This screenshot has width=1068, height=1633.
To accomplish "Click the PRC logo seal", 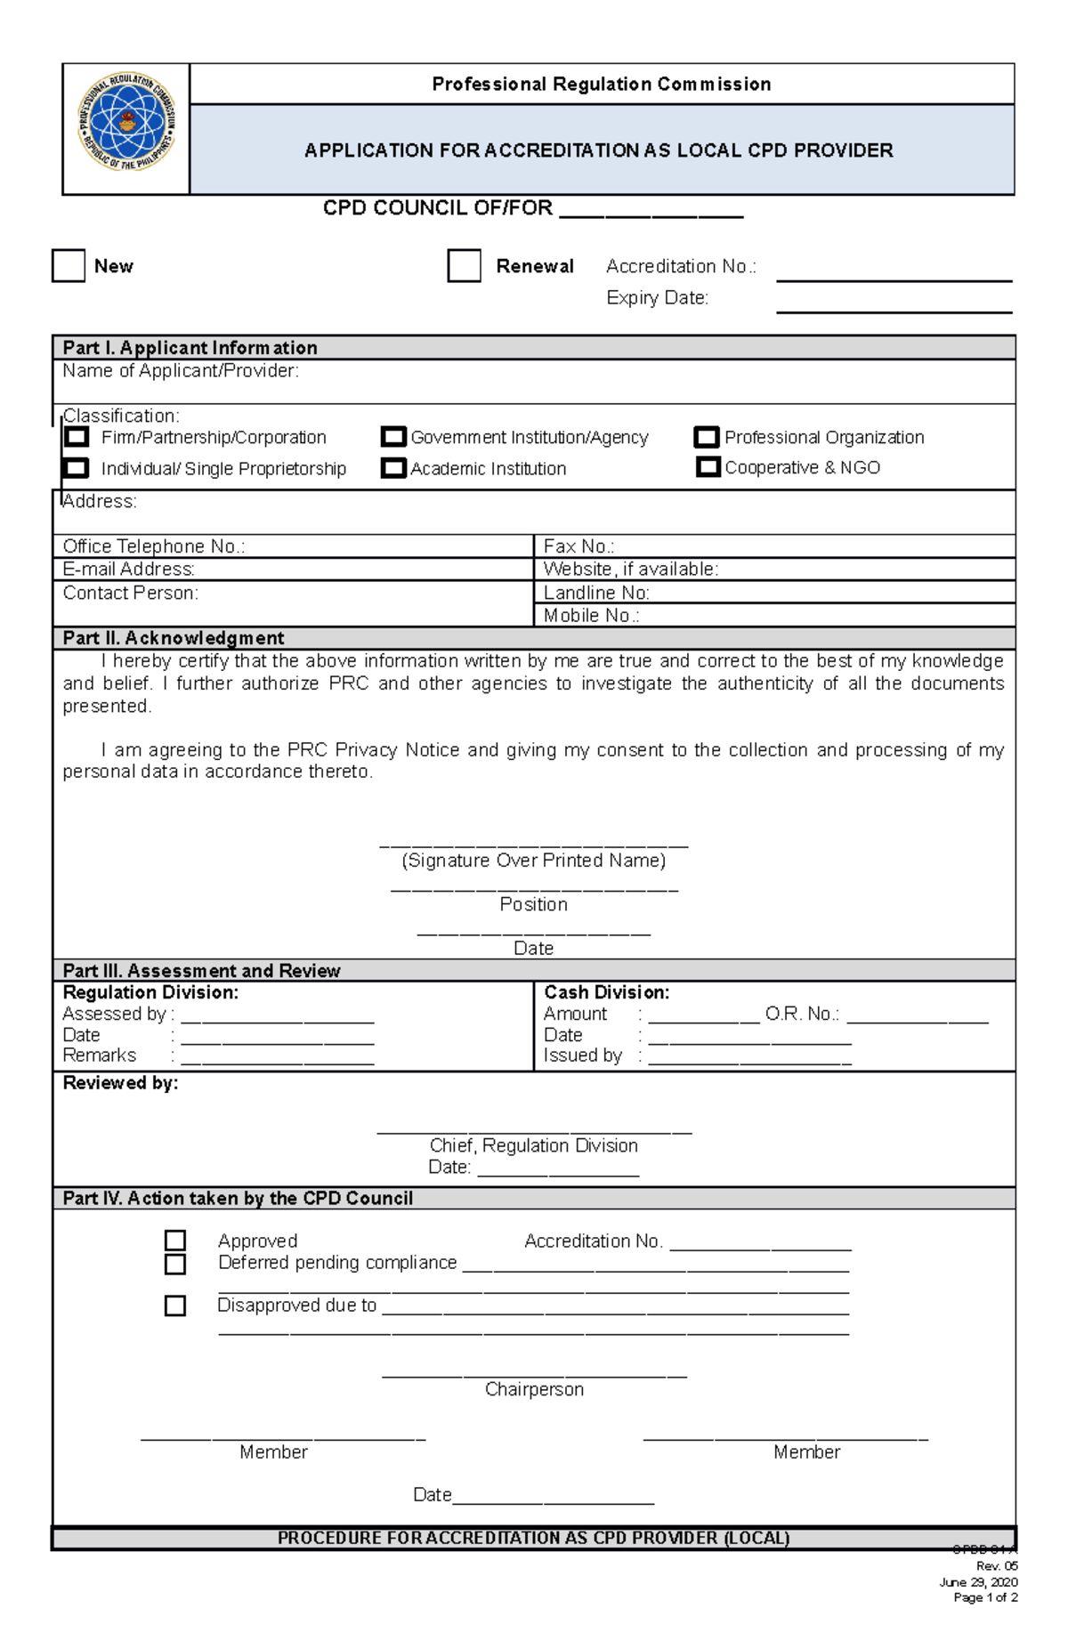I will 127,122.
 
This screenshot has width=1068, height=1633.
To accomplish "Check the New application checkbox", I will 69,266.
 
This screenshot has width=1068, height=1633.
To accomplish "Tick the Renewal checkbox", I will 464,266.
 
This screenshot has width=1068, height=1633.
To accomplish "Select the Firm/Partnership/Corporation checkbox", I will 77,437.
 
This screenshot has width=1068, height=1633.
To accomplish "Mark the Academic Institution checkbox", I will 393,468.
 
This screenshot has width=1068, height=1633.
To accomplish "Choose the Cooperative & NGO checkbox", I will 708,467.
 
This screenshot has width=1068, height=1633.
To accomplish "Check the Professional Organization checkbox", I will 707,437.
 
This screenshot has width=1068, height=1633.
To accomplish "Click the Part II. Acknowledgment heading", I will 174,638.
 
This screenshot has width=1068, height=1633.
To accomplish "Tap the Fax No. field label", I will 578,546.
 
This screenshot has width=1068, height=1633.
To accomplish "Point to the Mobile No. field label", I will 591,616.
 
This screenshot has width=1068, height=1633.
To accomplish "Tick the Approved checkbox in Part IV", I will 175,1241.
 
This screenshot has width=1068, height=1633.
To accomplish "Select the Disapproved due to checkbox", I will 175,1306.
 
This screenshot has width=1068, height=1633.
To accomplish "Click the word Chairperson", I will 534,1389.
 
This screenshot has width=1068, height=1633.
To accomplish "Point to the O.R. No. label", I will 802,1014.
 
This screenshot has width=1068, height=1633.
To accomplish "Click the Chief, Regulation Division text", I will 534,1145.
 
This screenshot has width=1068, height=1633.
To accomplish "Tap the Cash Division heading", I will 606,992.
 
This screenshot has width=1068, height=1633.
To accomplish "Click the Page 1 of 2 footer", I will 985,1597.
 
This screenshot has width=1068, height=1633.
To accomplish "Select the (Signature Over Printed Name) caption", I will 534,861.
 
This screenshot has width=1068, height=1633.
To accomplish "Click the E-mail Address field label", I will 129,570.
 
